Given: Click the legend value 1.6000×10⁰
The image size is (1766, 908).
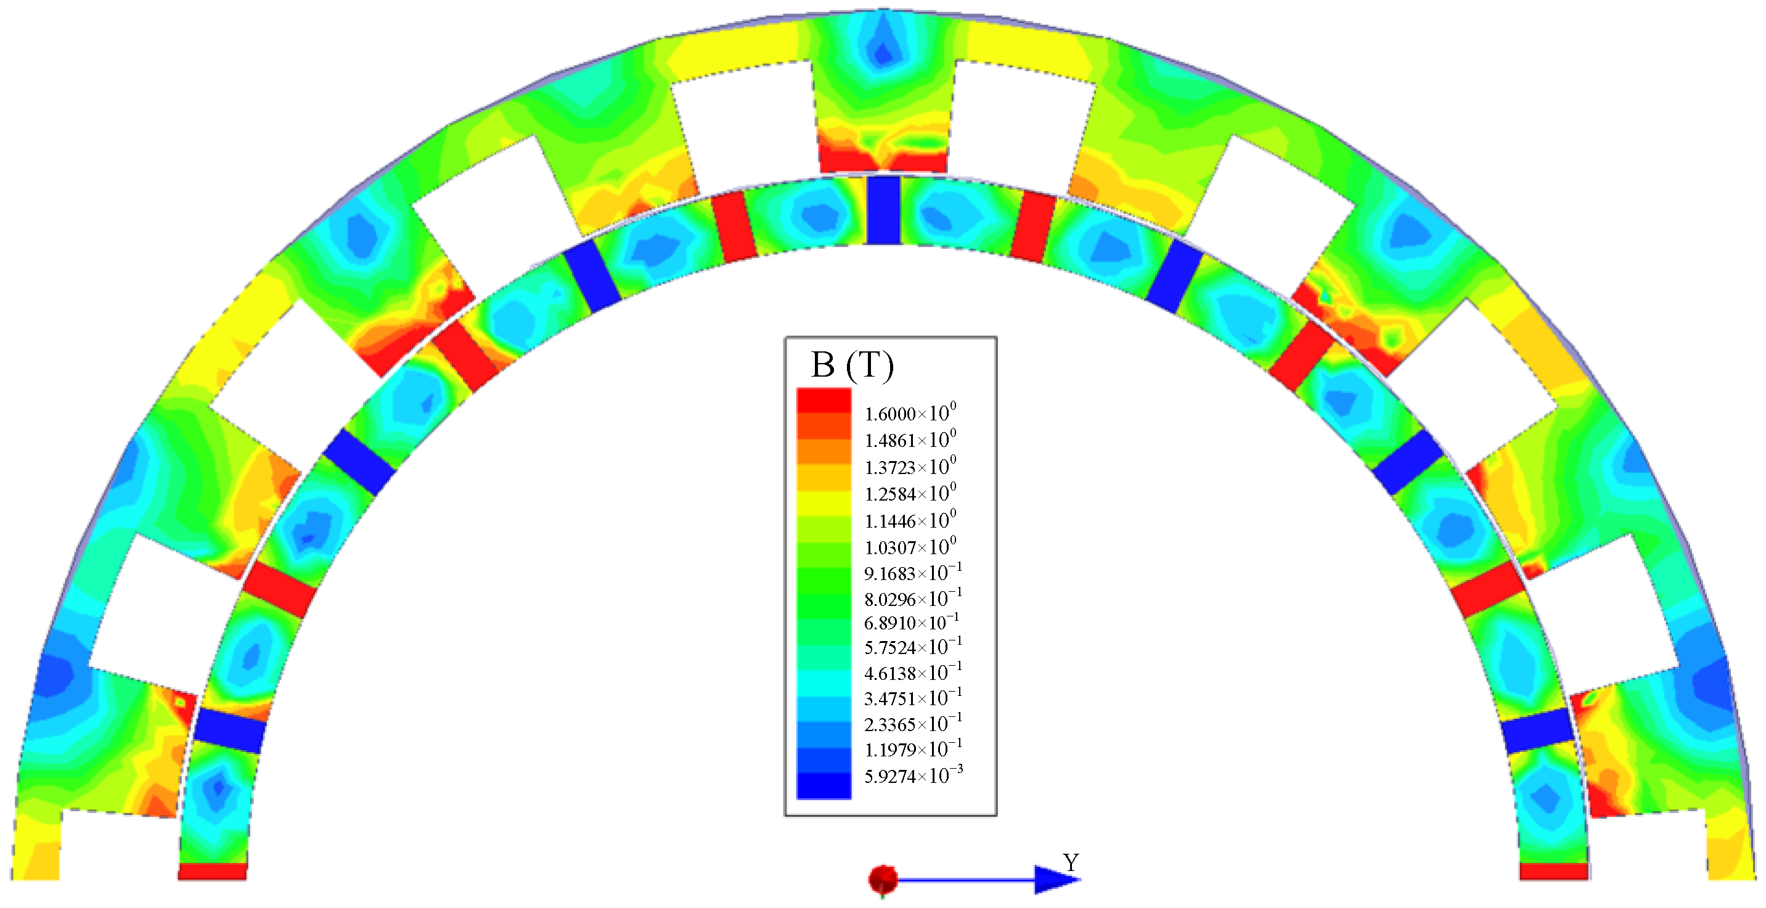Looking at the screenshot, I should [910, 414].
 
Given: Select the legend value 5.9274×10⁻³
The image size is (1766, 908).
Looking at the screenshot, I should [912, 775].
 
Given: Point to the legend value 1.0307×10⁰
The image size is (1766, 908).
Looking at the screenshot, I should [910, 547].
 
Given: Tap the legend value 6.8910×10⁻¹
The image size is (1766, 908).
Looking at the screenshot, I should [911, 623].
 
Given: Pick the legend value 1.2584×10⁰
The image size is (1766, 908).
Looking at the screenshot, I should [910, 494].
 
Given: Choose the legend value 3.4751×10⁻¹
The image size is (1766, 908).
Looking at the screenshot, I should [912, 698].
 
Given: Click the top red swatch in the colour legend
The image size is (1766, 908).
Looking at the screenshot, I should [824, 401].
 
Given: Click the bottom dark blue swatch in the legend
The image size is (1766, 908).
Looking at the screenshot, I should [824, 786].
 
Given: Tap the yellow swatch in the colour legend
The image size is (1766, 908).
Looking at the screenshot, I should [824, 504].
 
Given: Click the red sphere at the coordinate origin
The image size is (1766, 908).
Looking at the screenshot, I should [882, 879].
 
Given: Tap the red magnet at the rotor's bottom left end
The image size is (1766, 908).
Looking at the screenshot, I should [212, 871].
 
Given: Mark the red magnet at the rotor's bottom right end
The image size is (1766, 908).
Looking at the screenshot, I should [1553, 871].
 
